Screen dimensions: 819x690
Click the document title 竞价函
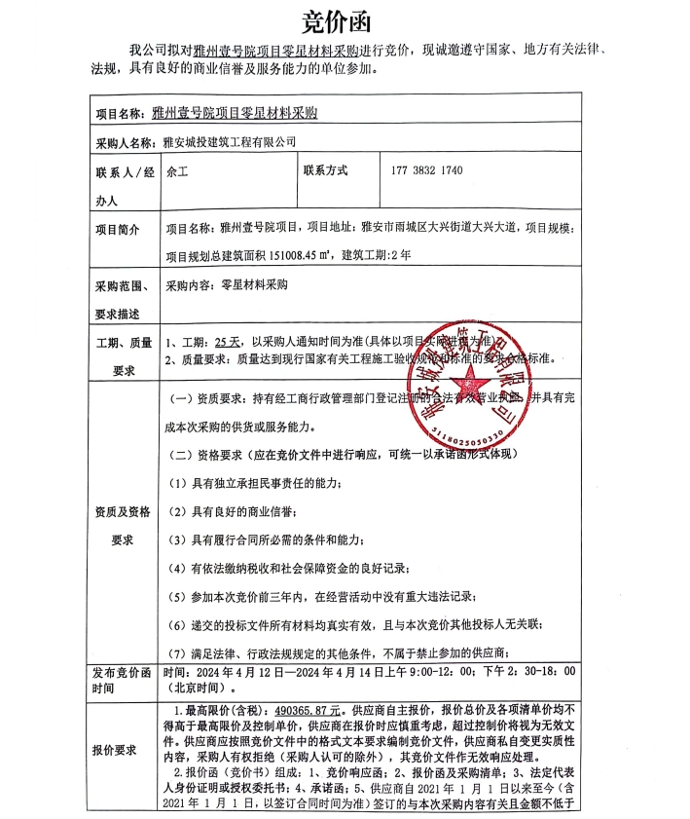344,19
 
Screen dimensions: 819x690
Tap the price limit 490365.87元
299,712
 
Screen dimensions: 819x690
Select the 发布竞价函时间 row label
123,679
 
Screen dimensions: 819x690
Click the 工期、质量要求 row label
123,355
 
